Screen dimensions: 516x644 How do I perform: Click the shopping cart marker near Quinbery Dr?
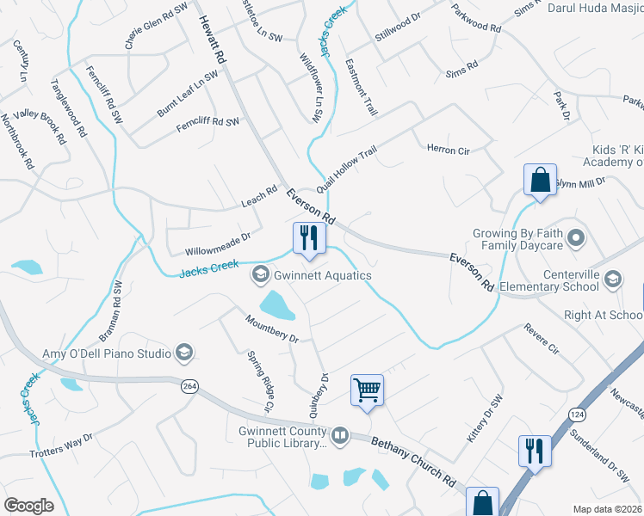point(367,390)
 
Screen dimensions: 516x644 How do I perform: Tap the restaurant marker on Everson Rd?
point(307,236)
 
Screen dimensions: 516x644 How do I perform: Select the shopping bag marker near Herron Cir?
point(540,181)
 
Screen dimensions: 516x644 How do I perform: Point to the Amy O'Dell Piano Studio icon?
point(183,352)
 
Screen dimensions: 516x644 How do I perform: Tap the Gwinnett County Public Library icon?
point(340,437)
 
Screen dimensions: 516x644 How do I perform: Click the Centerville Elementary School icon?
point(612,278)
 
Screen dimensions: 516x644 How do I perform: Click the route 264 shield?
point(188,387)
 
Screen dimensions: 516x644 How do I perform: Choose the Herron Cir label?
point(448,150)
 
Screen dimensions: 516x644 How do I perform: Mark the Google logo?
point(29,505)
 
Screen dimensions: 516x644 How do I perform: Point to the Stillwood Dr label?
point(397,33)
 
